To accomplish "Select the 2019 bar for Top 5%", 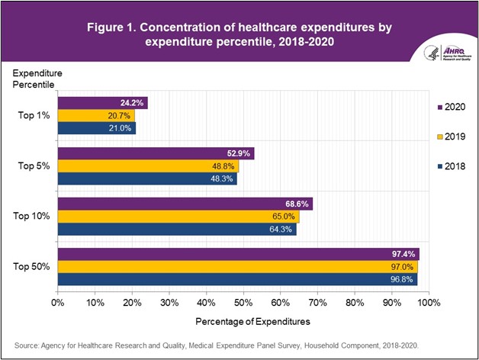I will [x=148, y=166].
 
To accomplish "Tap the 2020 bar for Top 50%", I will [x=238, y=254].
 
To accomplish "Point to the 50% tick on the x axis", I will [x=244, y=303].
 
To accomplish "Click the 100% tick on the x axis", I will [x=428, y=303].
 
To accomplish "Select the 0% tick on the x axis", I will [x=58, y=303].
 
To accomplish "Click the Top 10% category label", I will [x=33, y=216].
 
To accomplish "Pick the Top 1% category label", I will [x=35, y=116].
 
